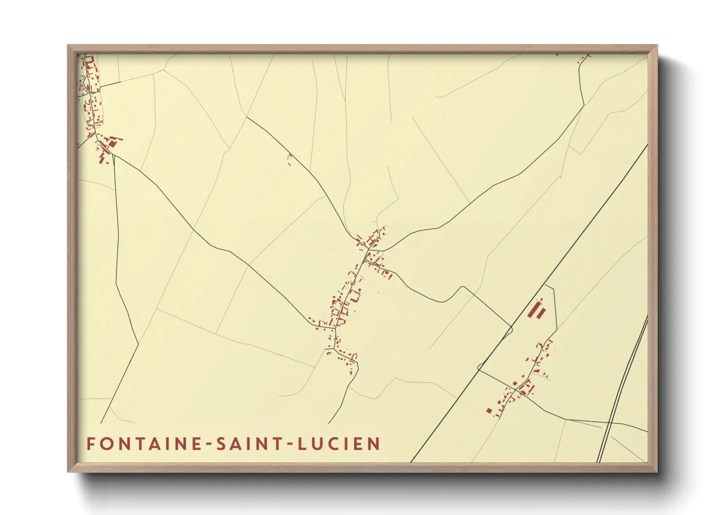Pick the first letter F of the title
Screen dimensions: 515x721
point(91,444)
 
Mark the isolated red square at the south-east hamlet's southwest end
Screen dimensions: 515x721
point(489,410)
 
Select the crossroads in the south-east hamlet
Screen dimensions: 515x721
point(516,389)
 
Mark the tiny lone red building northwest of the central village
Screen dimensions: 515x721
point(289,157)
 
